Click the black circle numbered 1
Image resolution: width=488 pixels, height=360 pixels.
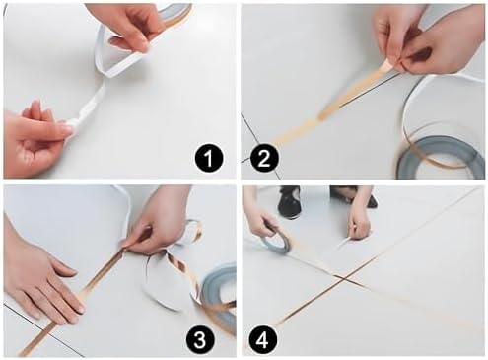[208, 159]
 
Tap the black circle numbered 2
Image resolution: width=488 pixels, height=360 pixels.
[264, 159]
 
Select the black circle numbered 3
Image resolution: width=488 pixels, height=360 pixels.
[200, 338]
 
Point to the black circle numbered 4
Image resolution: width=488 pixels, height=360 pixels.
[262, 338]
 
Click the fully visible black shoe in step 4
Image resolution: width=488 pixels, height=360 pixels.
[289, 201]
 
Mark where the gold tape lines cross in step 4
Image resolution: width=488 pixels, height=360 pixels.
[343, 279]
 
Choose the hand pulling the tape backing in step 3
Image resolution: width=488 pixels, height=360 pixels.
[158, 224]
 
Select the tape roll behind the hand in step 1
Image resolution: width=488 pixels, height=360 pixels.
[175, 13]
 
